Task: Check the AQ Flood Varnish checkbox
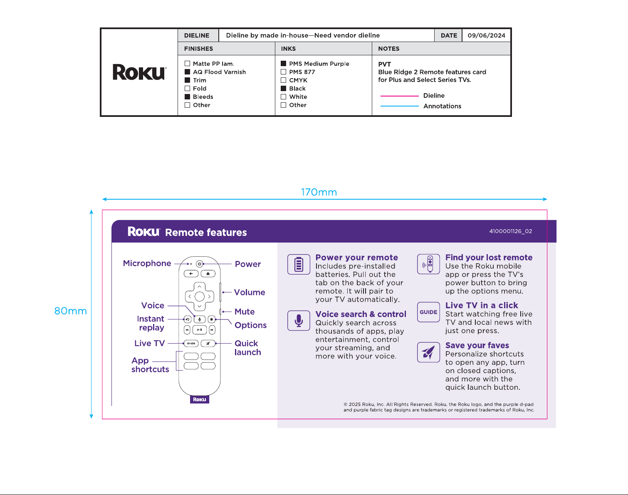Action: [187, 72]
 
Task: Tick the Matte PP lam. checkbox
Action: [187, 63]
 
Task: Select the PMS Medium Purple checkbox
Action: [283, 63]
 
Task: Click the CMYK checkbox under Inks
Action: [283, 80]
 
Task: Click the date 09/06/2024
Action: [486, 35]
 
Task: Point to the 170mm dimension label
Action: [319, 192]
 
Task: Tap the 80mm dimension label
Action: [71, 311]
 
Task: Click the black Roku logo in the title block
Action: [139, 72]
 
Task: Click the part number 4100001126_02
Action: [510, 231]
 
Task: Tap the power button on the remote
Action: [199, 264]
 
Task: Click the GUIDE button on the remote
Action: [191, 344]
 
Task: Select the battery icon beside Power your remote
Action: [299, 264]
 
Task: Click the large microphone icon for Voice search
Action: [299, 320]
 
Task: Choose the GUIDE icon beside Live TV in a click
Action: [428, 312]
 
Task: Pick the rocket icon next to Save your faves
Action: [428, 352]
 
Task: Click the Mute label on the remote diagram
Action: [245, 312]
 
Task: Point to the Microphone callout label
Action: [147, 263]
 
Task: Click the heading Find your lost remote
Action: [489, 257]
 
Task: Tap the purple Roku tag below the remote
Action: [200, 399]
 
